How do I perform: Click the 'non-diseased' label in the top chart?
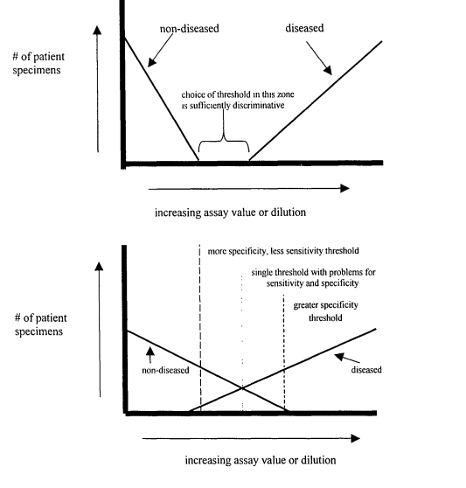pos(189,29)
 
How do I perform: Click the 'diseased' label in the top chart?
pos(304,28)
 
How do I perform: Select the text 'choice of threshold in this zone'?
pos(238,94)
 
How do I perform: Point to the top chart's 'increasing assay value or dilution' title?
pos(230,213)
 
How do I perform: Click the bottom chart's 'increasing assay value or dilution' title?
pos(261,460)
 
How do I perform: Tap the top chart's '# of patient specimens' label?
pos(38,63)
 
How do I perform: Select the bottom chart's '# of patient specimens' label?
pos(40,324)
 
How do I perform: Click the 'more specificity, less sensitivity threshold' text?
pos(283,251)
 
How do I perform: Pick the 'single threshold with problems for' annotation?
pos(313,272)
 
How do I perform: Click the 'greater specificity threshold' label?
pos(326,311)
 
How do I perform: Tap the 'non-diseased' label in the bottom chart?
pos(165,370)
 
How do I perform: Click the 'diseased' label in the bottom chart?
pos(366,370)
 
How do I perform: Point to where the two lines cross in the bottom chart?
pos(242,387)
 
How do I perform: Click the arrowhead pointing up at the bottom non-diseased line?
pos(150,352)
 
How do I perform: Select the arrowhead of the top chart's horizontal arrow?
pos(345,188)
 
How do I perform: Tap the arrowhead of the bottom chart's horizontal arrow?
pos(356,438)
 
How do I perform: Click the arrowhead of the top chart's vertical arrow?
pos(97,31)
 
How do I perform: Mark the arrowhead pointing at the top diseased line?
pos(328,71)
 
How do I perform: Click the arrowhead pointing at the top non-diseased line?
pos(151,63)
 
